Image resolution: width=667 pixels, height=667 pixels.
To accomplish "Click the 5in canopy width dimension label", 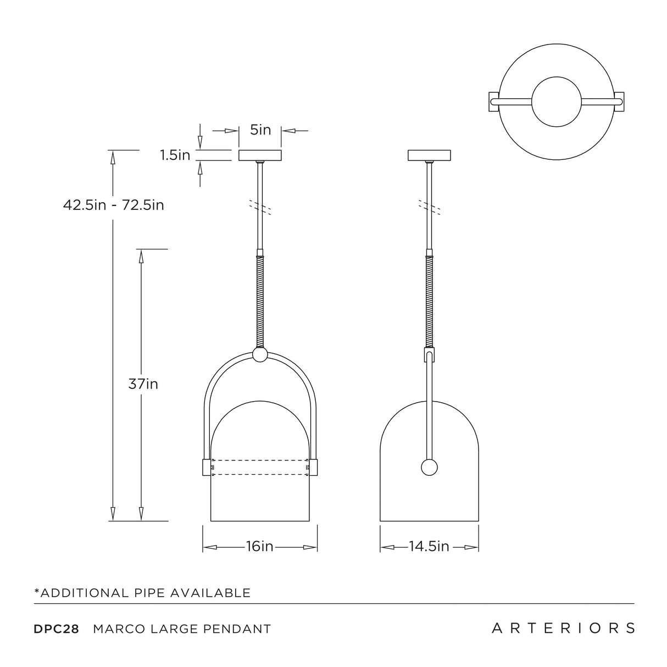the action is tap(260, 130).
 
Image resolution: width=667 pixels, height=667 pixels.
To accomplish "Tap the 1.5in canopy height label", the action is tap(175, 155).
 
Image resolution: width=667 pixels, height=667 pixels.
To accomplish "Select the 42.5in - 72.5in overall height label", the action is tap(114, 205).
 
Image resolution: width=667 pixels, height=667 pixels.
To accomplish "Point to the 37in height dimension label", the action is tap(143, 384).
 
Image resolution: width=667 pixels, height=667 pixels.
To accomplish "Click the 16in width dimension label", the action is tap(259, 547).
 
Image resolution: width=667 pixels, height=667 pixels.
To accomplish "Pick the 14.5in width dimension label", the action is tap(429, 547).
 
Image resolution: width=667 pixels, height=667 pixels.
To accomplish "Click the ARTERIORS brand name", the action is tap(563, 628).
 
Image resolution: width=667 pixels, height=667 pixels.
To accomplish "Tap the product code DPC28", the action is tap(57, 629).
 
